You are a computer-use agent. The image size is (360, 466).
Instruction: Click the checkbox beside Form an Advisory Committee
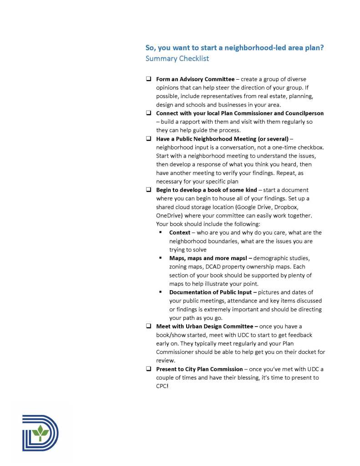(148, 79)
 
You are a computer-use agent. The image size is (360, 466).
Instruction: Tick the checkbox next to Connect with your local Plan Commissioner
(148, 113)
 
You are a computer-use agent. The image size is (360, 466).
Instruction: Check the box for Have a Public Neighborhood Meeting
(148, 138)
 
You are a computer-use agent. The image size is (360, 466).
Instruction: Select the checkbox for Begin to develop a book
(148, 190)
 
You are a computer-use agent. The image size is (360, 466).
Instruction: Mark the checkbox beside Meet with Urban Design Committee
(148, 326)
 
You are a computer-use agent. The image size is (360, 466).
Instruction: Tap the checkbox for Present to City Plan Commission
(148, 369)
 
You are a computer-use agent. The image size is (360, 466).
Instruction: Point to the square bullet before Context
(161, 232)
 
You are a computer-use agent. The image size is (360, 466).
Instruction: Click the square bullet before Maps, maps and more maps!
(161, 258)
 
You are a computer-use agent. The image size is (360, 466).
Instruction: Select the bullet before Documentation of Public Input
(161, 292)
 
